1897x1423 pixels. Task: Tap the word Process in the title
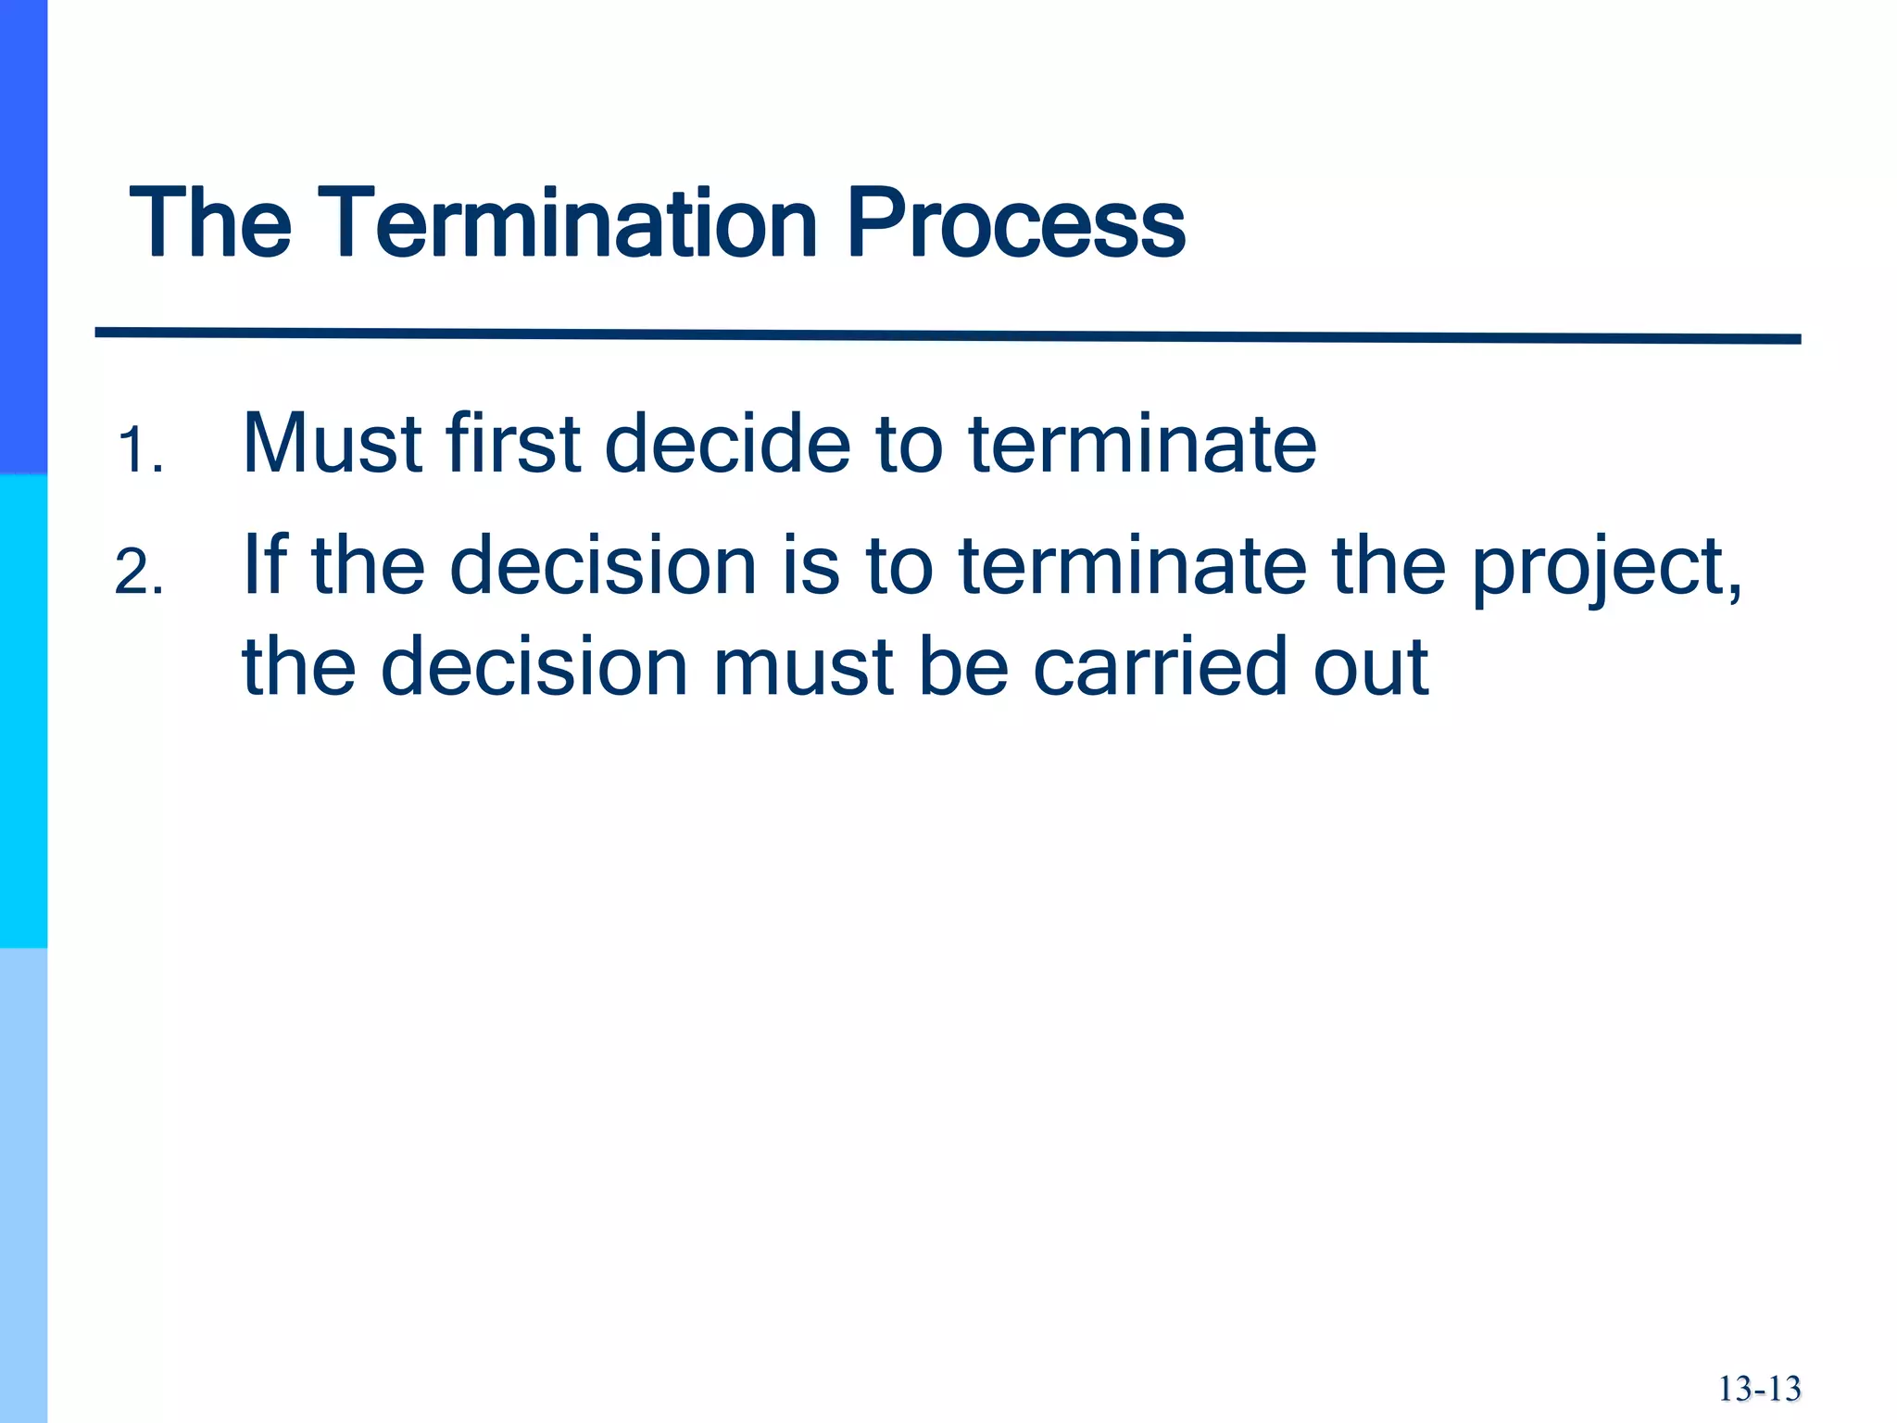(x=1015, y=223)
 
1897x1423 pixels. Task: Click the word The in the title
(x=210, y=223)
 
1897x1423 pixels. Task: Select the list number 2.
(x=139, y=573)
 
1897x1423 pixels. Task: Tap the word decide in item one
(x=727, y=444)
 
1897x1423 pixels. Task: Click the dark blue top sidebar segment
(x=23, y=236)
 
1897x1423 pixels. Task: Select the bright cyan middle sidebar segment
(x=23, y=711)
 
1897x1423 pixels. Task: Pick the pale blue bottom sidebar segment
(x=23, y=1186)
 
